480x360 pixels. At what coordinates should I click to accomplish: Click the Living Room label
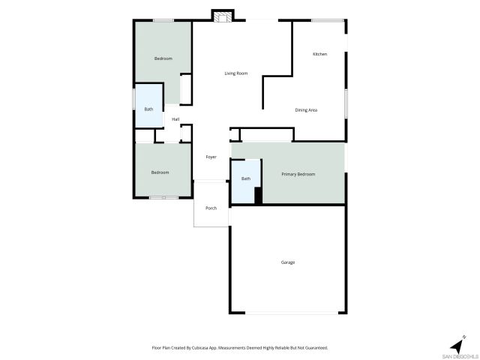coord(236,73)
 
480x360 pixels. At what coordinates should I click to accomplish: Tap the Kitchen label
coord(319,54)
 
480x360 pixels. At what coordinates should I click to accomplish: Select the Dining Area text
coord(306,110)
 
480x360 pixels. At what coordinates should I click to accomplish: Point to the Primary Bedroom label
coord(298,174)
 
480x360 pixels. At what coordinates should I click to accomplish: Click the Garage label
coord(288,262)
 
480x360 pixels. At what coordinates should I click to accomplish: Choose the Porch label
coord(211,208)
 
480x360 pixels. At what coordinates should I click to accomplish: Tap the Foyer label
coord(211,157)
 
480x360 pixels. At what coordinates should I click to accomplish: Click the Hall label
coord(175,119)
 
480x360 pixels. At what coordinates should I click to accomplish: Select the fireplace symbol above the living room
coord(223,16)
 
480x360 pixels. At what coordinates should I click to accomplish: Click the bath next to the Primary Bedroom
coord(246,178)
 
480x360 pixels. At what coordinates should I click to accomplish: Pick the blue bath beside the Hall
coord(148,109)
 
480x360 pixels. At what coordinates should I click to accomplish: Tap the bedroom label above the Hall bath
coord(163,58)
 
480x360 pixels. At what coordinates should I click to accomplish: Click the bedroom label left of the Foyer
coord(160,172)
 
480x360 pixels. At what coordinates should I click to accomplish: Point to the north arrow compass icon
coord(457,345)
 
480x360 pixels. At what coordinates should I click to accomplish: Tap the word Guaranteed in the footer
coord(315,347)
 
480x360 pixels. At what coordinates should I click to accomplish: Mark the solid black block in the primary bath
coord(258,195)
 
